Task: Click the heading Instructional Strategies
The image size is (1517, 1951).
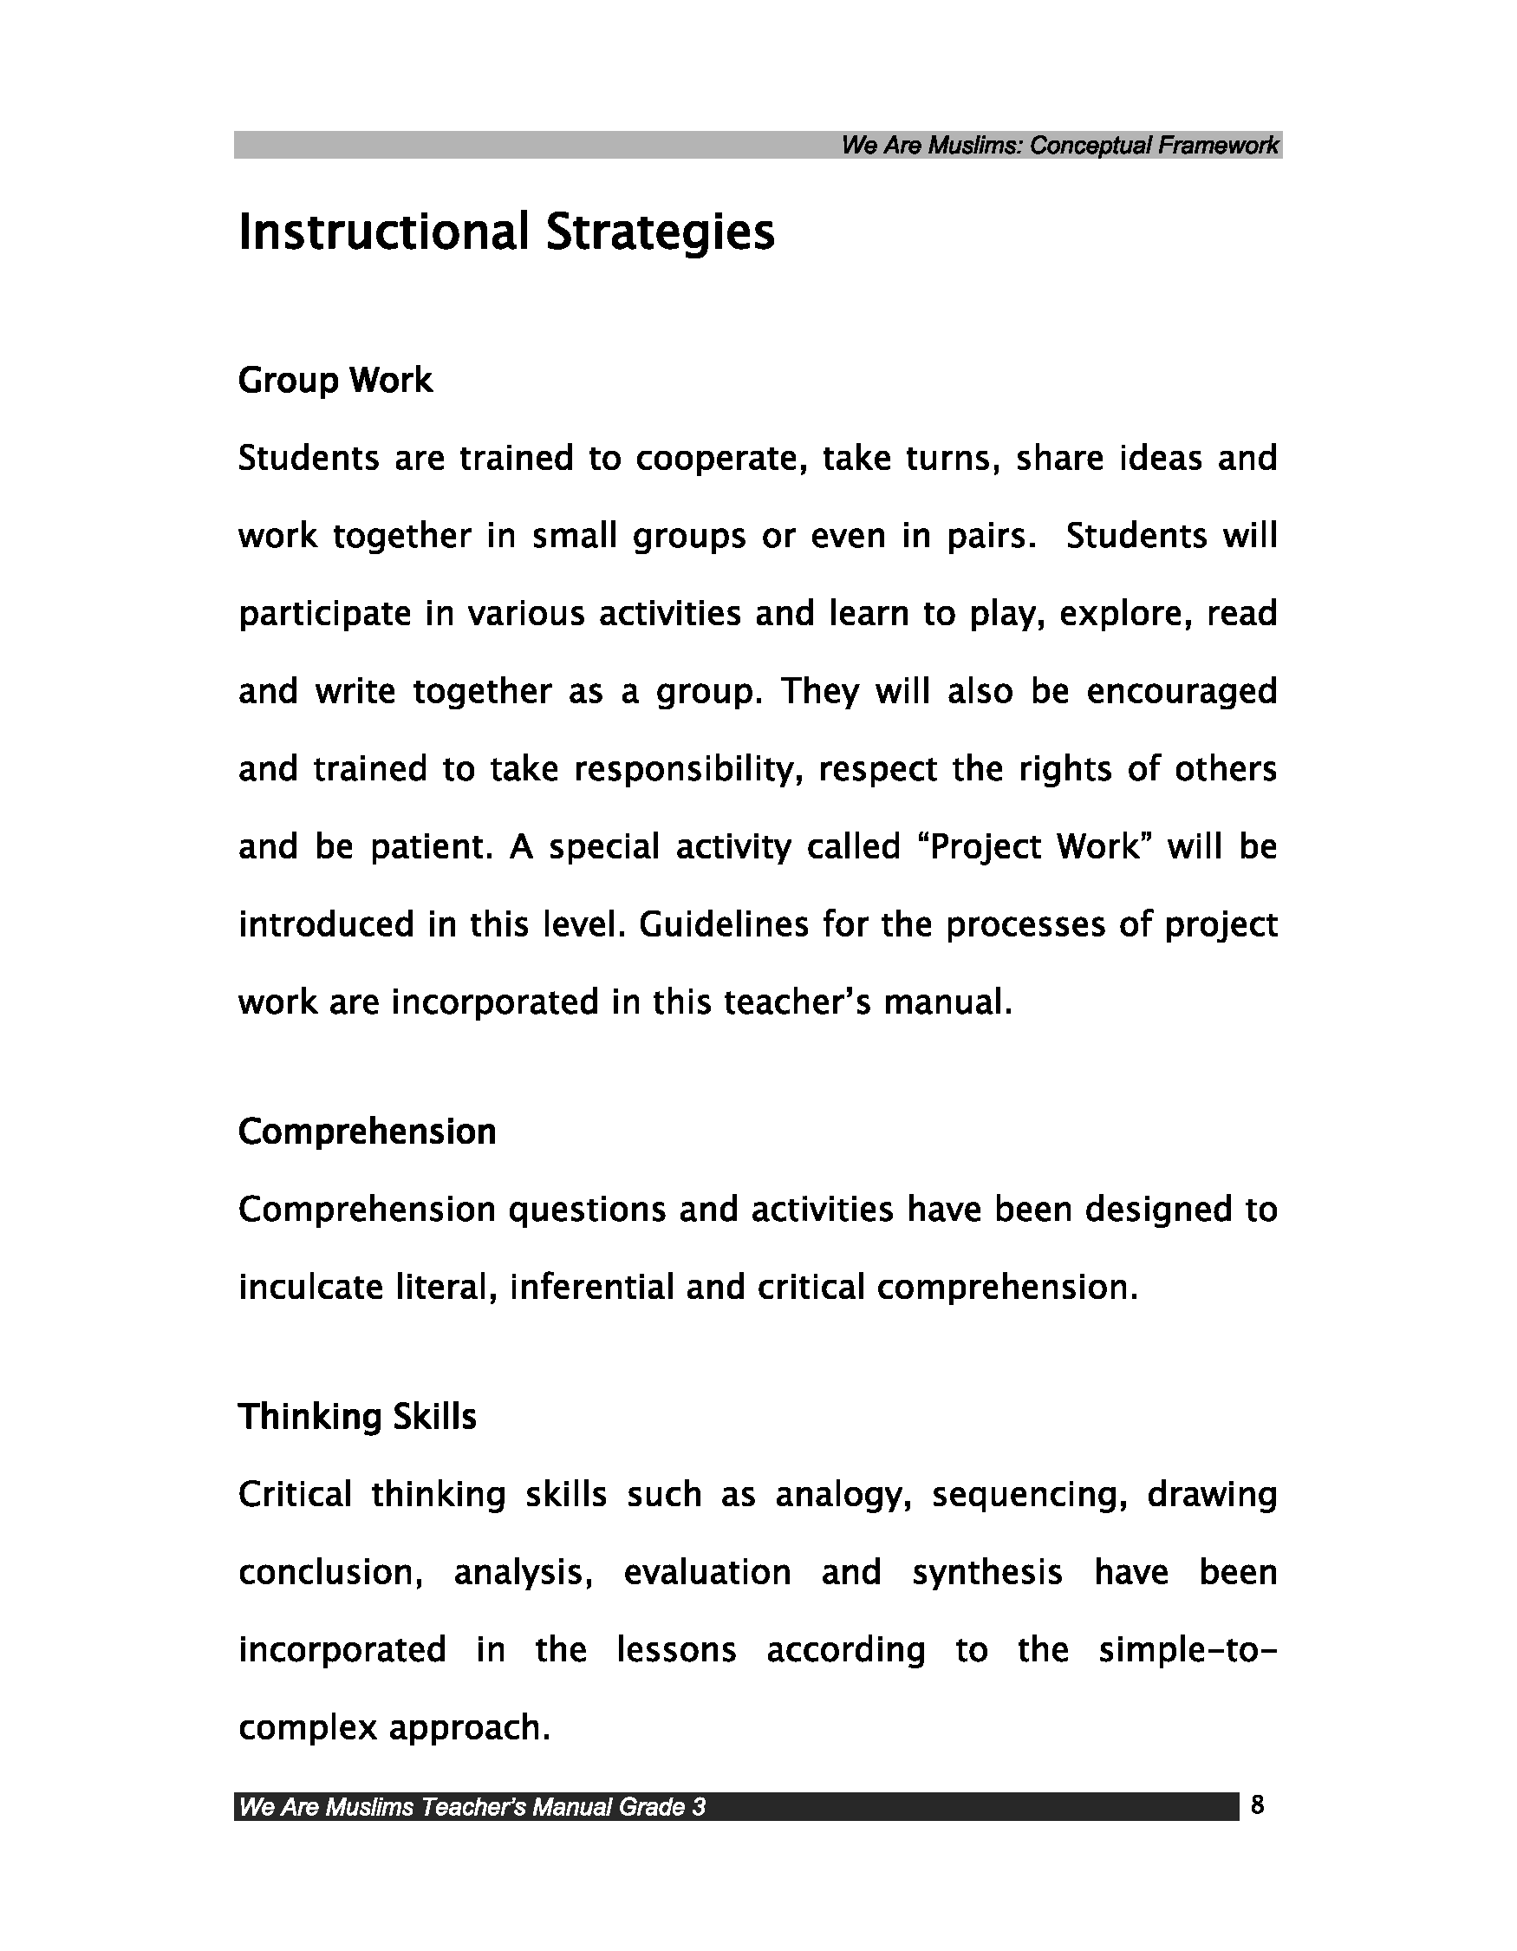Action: (x=506, y=232)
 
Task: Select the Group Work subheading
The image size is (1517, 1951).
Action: (x=335, y=381)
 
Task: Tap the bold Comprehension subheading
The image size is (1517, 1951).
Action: (x=367, y=1132)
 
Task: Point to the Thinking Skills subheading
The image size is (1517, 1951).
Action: (x=357, y=1417)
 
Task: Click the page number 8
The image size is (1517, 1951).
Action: (x=1257, y=1805)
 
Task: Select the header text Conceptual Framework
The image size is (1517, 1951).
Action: (x=1154, y=146)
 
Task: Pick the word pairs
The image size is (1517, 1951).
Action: (x=989, y=537)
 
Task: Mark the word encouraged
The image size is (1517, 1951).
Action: (x=1181, y=692)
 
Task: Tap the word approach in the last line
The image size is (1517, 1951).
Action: (x=468, y=1728)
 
